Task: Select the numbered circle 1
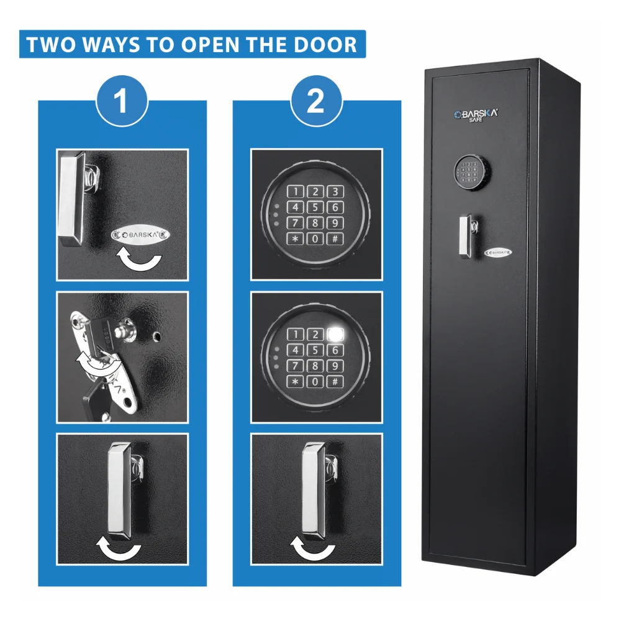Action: click(122, 101)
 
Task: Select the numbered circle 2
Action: click(316, 101)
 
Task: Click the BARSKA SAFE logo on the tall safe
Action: click(476, 116)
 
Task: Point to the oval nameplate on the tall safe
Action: click(498, 252)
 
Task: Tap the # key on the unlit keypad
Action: click(335, 239)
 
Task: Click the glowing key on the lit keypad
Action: click(335, 334)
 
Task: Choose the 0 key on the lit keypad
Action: click(315, 381)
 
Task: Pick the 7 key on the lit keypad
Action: click(296, 366)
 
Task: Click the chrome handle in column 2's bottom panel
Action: click(317, 491)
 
